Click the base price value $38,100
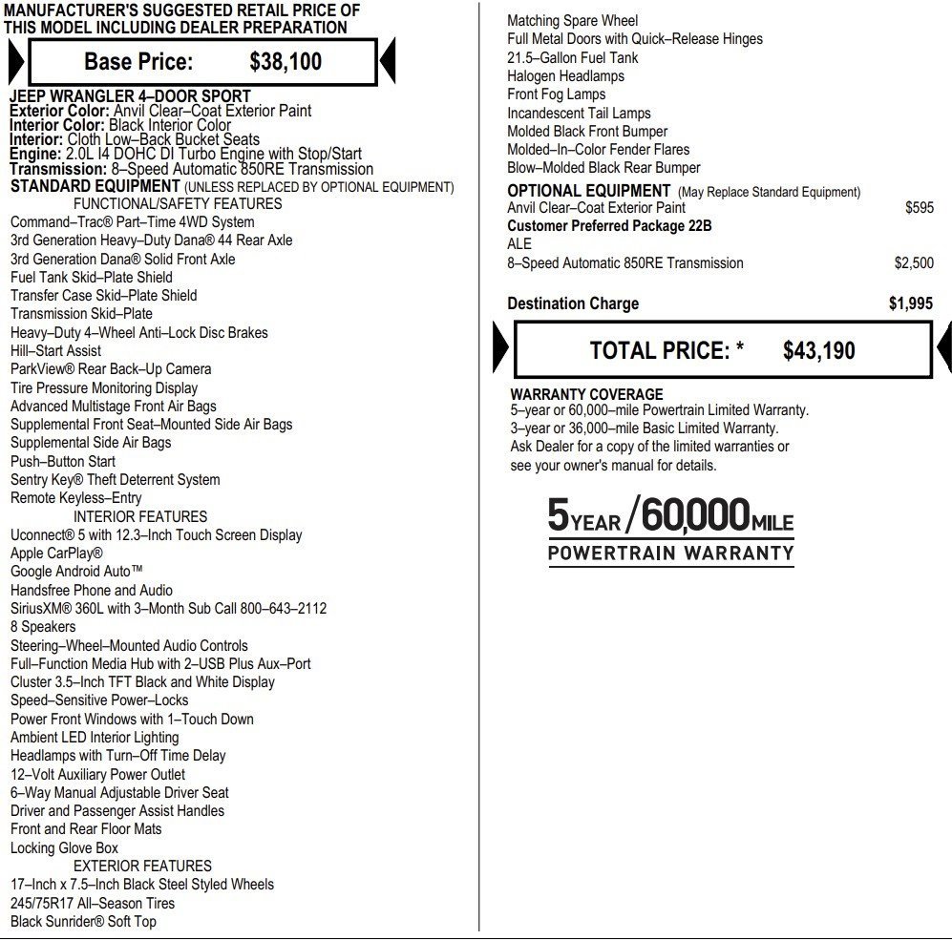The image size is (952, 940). tap(286, 62)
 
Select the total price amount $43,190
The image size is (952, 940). tap(818, 351)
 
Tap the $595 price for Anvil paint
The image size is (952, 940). tap(919, 207)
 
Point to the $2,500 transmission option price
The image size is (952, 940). tap(914, 262)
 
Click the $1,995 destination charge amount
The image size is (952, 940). tap(910, 303)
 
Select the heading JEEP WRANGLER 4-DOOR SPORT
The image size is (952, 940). tap(130, 96)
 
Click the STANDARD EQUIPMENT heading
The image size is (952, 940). tap(95, 186)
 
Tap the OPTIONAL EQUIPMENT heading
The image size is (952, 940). tap(588, 191)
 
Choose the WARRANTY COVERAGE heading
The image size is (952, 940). tap(586, 394)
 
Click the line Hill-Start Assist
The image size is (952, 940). tap(55, 350)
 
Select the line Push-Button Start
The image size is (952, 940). tap(63, 461)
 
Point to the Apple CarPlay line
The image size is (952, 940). tap(56, 554)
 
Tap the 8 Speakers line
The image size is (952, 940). tap(43, 627)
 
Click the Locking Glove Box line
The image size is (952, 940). tap(64, 847)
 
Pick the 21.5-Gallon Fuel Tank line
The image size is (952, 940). tap(573, 57)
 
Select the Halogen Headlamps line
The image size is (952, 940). tap(565, 76)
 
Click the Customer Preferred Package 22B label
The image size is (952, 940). tap(609, 226)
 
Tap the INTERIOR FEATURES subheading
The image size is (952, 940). tap(140, 516)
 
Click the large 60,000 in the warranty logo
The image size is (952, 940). tap(694, 516)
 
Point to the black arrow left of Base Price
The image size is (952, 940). tap(16, 63)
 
